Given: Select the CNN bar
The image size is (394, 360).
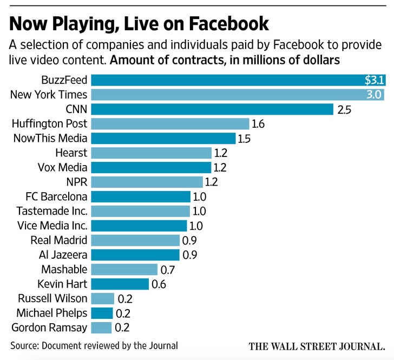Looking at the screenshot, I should pyautogui.click(x=212, y=109).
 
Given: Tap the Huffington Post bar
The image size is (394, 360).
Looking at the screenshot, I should pyautogui.click(x=170, y=123).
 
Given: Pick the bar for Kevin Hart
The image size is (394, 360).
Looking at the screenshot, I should pyautogui.click(x=120, y=284).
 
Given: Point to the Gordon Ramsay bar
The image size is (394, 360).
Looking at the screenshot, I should pyautogui.click(x=101, y=328).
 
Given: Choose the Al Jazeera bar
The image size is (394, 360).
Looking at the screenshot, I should pyautogui.click(x=135, y=254).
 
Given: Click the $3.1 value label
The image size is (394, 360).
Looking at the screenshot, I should pyautogui.click(x=374, y=81).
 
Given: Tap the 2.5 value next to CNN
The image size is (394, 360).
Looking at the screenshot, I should pyautogui.click(x=344, y=109).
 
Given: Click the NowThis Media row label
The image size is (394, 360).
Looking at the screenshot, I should pyautogui.click(x=50, y=138).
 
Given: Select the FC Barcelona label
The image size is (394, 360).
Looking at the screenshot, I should pyautogui.click(x=56, y=196).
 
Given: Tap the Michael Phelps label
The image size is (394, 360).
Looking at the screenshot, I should pyautogui.click(x=52, y=313).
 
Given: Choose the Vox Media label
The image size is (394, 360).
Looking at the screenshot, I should pyautogui.click(x=61, y=167).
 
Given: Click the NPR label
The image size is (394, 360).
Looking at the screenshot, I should pyautogui.click(x=76, y=181).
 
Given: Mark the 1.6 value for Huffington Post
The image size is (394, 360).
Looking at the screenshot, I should pyautogui.click(x=258, y=123).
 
